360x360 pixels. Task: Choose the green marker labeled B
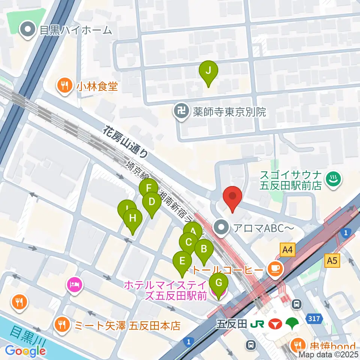click(x=204, y=249)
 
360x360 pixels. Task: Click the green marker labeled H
click(x=132, y=218)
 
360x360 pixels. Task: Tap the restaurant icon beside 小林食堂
click(x=65, y=86)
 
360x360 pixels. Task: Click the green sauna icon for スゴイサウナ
click(x=332, y=179)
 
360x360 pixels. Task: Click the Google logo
click(x=25, y=351)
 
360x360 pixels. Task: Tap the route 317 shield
click(x=314, y=319)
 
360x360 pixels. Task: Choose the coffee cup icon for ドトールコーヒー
click(x=275, y=268)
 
